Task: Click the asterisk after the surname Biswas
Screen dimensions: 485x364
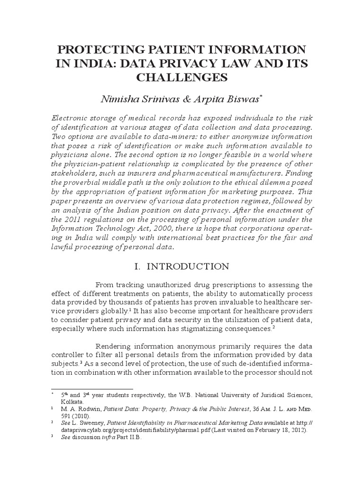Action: [261, 96]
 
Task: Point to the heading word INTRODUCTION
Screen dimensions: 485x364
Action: [188, 266]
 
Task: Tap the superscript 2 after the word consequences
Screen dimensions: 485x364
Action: [274, 326]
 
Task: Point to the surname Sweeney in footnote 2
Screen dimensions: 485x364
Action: [95, 422]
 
